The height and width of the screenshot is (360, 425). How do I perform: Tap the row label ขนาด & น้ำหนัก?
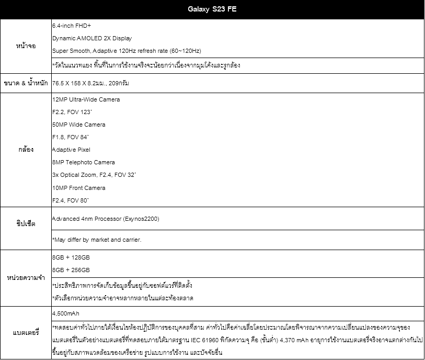26,83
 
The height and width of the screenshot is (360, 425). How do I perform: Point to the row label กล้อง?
26,150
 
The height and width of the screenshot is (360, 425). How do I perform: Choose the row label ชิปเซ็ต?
26,223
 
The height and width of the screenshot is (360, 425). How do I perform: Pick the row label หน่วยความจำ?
26,277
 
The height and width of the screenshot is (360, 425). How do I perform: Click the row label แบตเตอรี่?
26,332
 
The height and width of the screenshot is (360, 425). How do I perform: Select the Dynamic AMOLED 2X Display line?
92,38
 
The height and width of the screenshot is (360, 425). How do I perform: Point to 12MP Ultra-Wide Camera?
86,99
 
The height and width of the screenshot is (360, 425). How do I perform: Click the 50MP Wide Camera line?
79,125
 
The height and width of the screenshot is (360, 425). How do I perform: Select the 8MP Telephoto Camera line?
84,162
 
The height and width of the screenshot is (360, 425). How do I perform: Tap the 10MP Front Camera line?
79,188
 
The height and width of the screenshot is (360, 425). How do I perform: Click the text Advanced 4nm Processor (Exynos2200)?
106,218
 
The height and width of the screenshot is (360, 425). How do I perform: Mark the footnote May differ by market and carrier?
97,240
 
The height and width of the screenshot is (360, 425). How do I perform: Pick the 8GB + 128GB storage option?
71,257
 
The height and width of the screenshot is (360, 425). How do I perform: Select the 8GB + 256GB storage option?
71,270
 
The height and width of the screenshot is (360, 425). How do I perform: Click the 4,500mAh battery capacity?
66,313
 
